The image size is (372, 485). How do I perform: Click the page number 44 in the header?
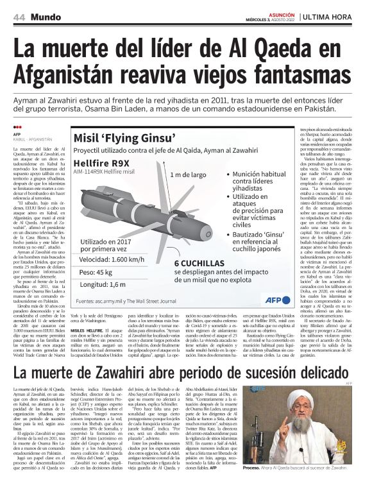[19, 17]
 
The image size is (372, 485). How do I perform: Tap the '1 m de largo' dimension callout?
[189, 174]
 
